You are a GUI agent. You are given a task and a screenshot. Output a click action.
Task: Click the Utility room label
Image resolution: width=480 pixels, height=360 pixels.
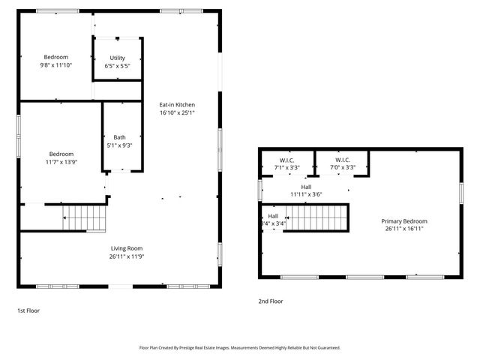coord(117,58)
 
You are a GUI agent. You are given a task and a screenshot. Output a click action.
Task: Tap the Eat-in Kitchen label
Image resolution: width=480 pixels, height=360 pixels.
coord(177,104)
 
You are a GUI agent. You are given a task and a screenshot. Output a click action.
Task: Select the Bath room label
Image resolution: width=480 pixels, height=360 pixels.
coord(120,137)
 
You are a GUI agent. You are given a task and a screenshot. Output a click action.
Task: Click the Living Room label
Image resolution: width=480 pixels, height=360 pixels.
coord(127,248)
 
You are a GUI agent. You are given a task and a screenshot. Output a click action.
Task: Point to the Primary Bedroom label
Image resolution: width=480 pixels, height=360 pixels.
coord(404,221)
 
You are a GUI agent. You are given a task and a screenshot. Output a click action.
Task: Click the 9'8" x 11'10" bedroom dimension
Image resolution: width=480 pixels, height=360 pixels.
coord(55,65)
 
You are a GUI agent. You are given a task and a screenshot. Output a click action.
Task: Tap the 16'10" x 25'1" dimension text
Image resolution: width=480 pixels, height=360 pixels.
coord(177,112)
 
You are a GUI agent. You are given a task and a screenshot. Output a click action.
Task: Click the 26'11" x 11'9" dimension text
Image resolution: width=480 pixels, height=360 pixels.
coord(127,256)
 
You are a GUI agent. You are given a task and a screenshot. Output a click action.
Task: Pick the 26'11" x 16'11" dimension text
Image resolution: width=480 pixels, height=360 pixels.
coord(404,229)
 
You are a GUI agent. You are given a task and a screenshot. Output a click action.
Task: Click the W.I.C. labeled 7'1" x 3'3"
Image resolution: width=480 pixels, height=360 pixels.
coord(286,160)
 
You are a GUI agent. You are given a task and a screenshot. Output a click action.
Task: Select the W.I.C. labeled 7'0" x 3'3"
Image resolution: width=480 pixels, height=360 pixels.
coord(342,160)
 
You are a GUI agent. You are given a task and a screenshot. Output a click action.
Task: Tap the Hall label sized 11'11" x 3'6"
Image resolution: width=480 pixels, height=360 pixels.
coord(306,187)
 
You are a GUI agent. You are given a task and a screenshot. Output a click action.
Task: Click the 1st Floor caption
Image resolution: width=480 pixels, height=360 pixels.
coord(28,309)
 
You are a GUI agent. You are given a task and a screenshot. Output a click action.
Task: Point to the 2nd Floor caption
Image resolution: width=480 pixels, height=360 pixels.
coord(270,301)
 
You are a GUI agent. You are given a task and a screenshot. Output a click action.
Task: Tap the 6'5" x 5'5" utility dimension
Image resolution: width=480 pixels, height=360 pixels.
coord(117,66)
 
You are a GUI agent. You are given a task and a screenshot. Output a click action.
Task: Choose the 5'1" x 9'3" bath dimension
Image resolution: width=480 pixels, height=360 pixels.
coord(120,145)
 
